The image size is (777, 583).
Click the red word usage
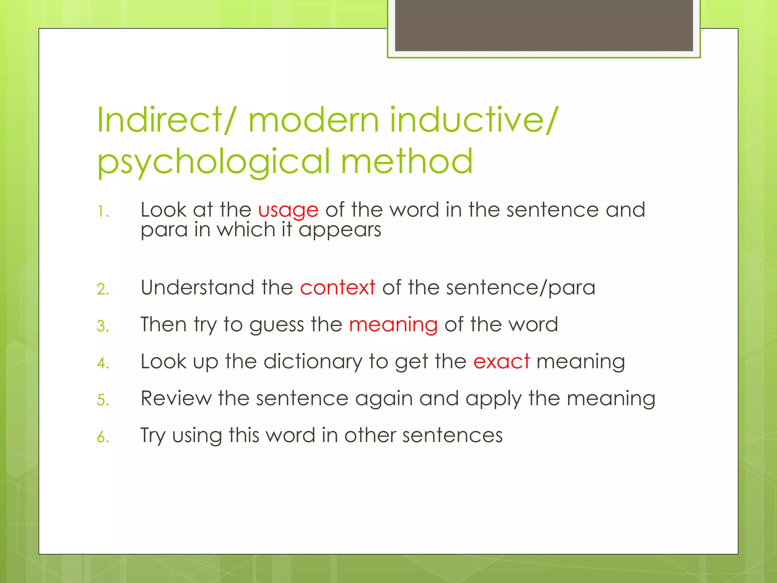pyautogui.click(x=288, y=210)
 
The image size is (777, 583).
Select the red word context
pyautogui.click(x=337, y=287)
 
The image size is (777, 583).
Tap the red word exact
pyautogui.click(x=501, y=361)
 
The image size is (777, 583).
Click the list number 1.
pyautogui.click(x=102, y=212)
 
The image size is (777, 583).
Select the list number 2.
pyautogui.click(x=103, y=289)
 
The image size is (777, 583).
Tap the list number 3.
pyautogui.click(x=103, y=326)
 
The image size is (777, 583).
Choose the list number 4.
pyautogui.click(x=103, y=363)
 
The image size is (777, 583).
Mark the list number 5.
pyautogui.click(x=103, y=400)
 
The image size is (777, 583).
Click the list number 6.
pyautogui.click(x=103, y=437)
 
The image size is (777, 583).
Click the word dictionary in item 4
pyautogui.click(x=313, y=361)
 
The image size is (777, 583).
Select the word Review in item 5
pyautogui.click(x=176, y=398)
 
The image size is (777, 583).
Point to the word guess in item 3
pyautogui.click(x=277, y=325)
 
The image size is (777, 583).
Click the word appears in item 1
pyautogui.click(x=340, y=230)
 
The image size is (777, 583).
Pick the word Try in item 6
pyautogui.click(x=153, y=435)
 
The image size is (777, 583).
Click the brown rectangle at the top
pyautogui.click(x=544, y=25)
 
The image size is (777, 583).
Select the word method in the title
pyautogui.click(x=407, y=161)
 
